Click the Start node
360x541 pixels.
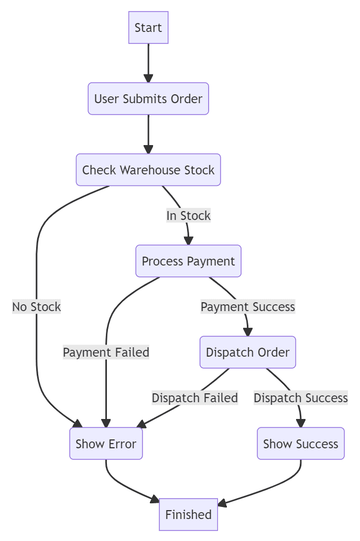click(148, 28)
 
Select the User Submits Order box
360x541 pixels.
click(148, 98)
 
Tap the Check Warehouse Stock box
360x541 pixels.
click(148, 170)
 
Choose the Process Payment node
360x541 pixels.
click(188, 261)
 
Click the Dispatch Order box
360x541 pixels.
click(247, 352)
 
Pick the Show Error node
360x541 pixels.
click(106, 444)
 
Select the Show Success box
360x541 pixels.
click(300, 444)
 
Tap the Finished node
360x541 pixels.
click(188, 514)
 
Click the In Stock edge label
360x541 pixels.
click(188, 215)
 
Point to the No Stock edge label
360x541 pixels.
click(37, 306)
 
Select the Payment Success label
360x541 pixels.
click(247, 306)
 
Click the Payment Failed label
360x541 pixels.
click(106, 352)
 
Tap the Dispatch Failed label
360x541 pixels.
click(194, 398)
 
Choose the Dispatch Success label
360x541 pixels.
click(300, 398)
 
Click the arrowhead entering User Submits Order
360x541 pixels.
click(148, 78)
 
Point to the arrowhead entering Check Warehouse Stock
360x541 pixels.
click(148, 149)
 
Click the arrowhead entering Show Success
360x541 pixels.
click(301, 423)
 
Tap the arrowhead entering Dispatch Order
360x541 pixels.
click(247, 332)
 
